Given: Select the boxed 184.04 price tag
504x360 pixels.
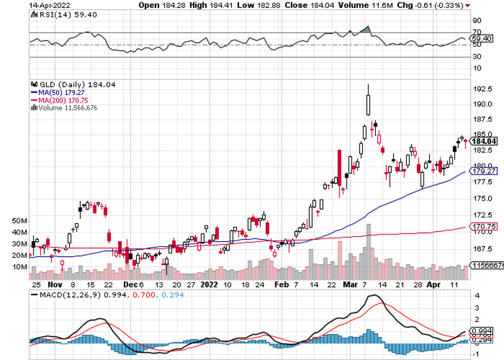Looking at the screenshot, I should pyautogui.click(x=483, y=141).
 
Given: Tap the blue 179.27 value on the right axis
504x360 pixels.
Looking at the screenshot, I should pyautogui.click(x=482, y=170).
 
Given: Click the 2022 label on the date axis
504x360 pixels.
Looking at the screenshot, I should pyautogui.click(x=210, y=284).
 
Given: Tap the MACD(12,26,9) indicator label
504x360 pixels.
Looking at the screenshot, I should pyautogui.click(x=66, y=295).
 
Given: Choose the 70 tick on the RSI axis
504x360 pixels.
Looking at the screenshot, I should pyautogui.click(x=475, y=33).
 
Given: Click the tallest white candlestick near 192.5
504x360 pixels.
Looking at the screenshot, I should pyautogui.click(x=369, y=105).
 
